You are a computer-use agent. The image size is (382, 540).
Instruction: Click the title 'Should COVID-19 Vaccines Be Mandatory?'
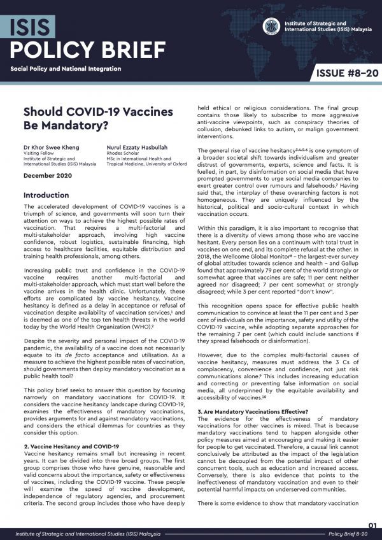pos(98,118)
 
